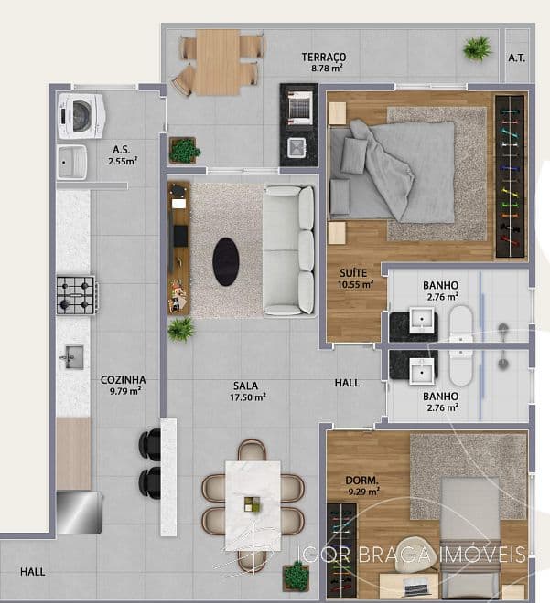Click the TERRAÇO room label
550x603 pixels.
[324, 57]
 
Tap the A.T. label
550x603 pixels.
[516, 58]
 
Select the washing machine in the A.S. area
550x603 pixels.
[81, 116]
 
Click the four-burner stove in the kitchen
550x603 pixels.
[77, 295]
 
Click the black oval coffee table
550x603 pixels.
[226, 261]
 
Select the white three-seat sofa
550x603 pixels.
[289, 250]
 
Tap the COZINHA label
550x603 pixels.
[124, 380]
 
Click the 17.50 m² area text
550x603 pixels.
[248, 397]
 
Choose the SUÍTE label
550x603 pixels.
[353, 273]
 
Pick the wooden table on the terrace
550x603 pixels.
[218, 62]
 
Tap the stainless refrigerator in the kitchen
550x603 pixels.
[80, 512]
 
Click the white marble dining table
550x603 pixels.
[253, 505]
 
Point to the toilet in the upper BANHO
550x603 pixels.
[460, 324]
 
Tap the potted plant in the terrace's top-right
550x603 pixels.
[477, 48]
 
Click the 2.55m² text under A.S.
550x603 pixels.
[123, 161]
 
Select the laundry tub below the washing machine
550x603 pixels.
[72, 162]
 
